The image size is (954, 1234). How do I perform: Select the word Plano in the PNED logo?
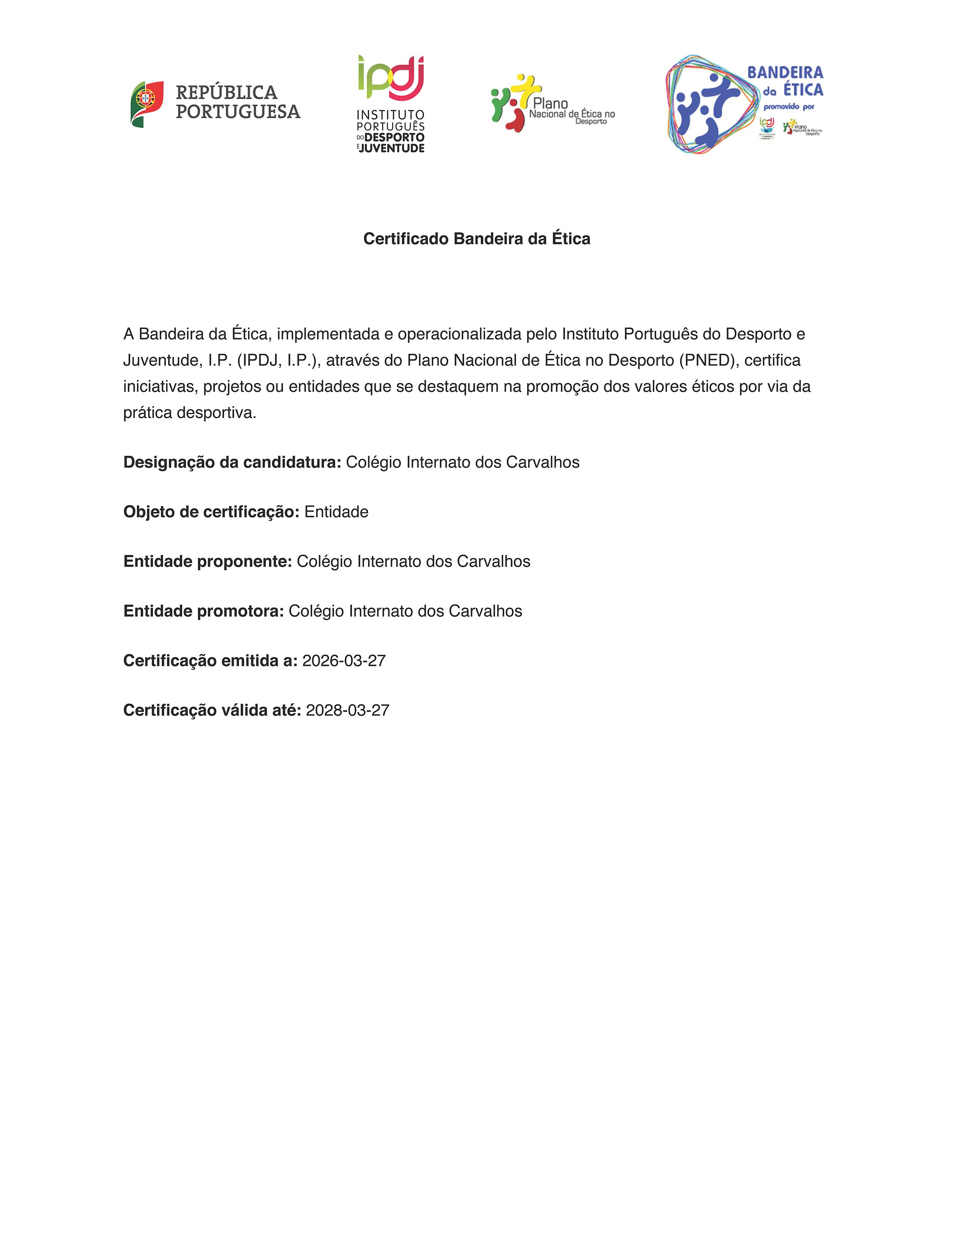coord(550,104)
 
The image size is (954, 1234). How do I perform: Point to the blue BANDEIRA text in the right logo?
coord(785,72)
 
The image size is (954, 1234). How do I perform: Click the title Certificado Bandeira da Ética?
coord(476,239)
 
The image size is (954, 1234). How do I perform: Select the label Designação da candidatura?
coord(232,462)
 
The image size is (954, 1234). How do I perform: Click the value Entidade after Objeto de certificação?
coord(336,512)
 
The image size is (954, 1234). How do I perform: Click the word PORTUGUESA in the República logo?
coord(238,112)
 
